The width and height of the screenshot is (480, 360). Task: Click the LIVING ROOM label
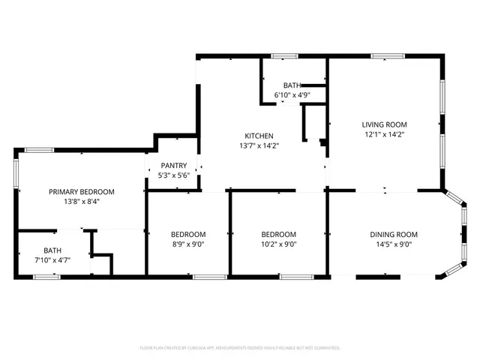click(384, 124)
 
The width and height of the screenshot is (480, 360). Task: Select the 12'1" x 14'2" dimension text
click(384, 135)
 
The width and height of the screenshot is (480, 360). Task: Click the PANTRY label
click(173, 165)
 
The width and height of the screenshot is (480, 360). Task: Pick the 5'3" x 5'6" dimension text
click(173, 175)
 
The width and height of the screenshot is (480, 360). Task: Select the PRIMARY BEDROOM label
click(82, 191)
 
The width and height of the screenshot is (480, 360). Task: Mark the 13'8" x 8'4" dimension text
click(82, 202)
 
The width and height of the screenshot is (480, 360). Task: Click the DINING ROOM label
click(393, 234)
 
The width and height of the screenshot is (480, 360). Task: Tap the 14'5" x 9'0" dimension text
click(393, 244)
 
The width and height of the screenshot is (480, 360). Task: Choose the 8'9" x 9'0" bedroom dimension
click(187, 244)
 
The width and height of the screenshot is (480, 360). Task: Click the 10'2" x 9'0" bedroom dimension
click(278, 244)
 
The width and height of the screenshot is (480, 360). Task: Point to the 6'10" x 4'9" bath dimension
click(292, 95)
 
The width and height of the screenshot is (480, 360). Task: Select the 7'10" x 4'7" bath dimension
click(52, 261)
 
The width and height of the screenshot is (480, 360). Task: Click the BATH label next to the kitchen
click(292, 85)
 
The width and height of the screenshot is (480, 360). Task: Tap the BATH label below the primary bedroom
click(52, 250)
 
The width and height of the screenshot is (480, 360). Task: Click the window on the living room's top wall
click(388, 55)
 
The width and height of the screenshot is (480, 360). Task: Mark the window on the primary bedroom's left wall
click(16, 170)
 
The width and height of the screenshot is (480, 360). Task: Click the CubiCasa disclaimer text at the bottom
click(240, 348)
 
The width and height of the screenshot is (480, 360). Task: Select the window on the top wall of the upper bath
click(283, 55)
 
